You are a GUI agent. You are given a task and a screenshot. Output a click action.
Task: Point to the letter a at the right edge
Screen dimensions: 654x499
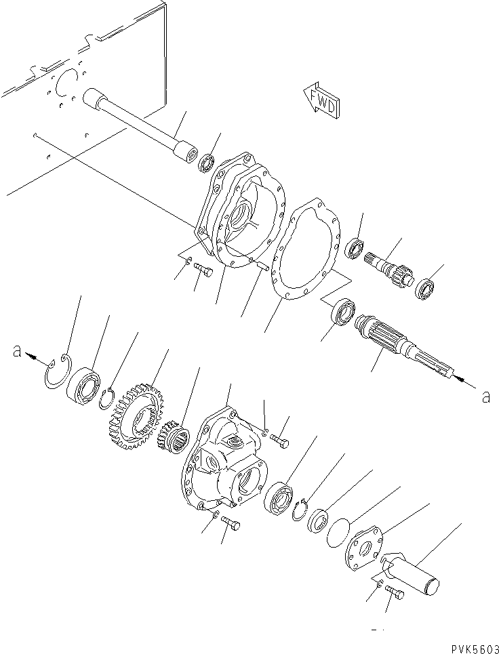(x=485, y=397)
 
